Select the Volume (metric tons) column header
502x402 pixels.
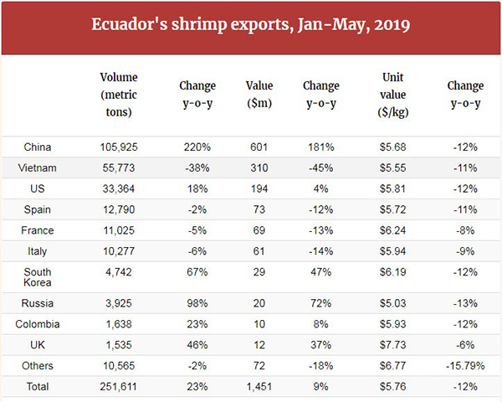(118, 94)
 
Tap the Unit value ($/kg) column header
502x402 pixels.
(393, 94)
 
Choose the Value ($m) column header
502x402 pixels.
(259, 94)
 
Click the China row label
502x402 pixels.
(38, 147)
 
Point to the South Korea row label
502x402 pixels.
(38, 277)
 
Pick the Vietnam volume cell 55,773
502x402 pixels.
(118, 168)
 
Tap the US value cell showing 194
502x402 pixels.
(259, 189)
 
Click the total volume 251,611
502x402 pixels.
(118, 388)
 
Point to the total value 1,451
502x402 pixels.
(259, 388)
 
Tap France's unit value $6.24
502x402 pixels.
(393, 230)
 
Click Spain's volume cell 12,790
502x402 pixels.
(118, 210)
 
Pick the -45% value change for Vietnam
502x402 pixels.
(320, 168)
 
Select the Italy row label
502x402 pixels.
(38, 250)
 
